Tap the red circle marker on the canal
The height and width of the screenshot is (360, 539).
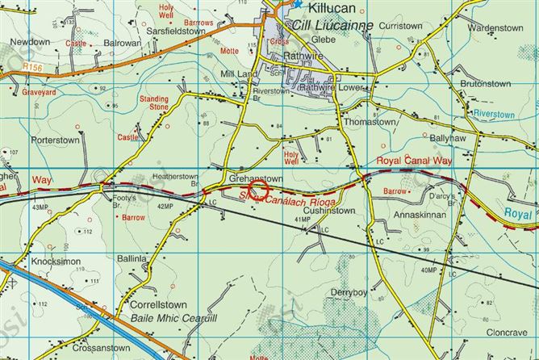point(257,190)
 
